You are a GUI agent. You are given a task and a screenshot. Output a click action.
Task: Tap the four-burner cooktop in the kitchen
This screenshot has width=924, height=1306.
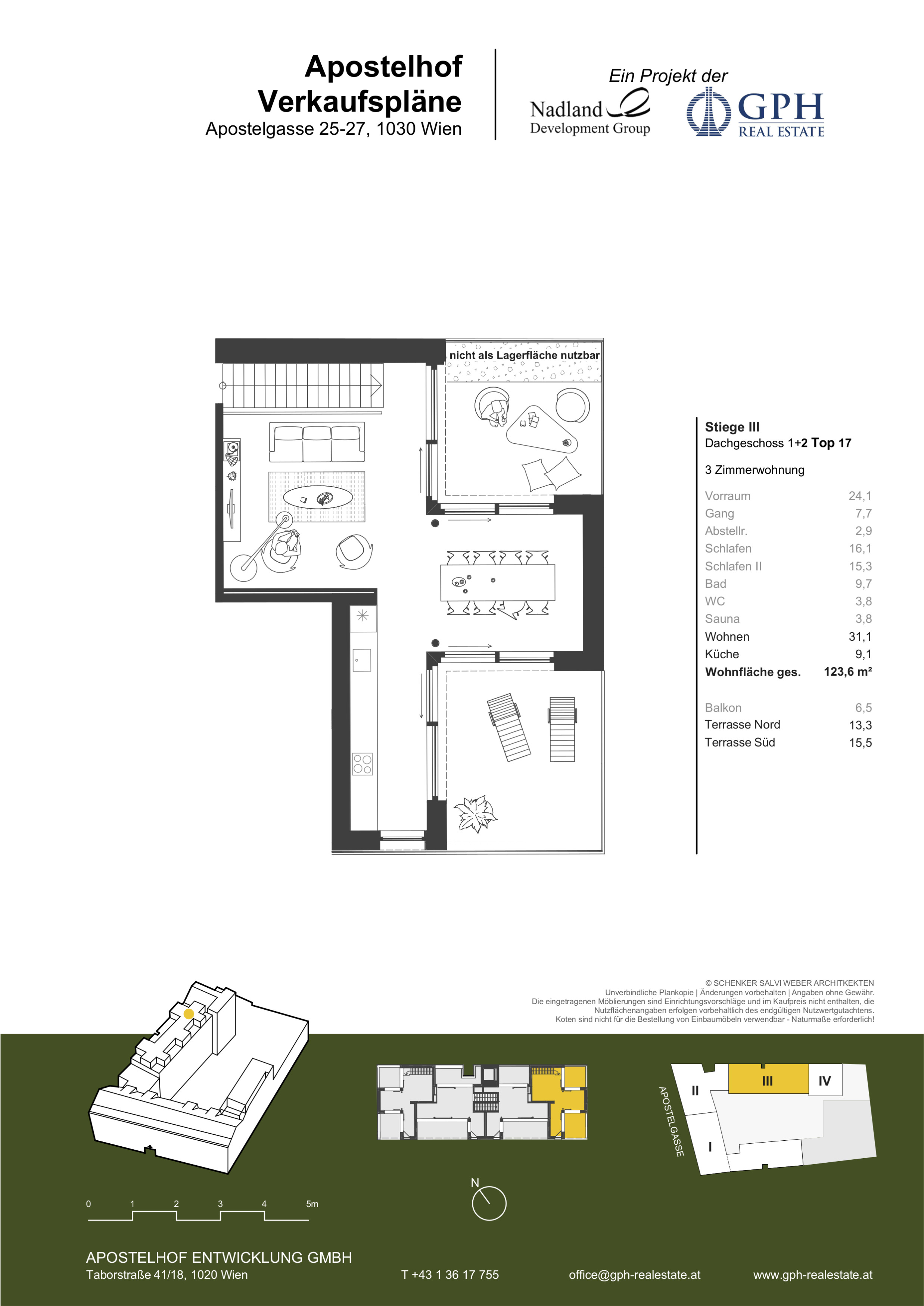[x=363, y=764]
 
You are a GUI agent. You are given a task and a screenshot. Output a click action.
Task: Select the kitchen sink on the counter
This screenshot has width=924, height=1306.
[x=362, y=660]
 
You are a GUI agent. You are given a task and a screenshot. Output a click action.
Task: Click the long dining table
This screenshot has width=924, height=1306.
[x=497, y=582]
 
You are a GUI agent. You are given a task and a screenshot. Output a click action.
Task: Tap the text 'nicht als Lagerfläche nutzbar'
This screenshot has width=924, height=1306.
[x=524, y=355]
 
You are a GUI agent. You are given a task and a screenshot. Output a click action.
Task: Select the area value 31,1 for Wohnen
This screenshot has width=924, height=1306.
[x=860, y=637]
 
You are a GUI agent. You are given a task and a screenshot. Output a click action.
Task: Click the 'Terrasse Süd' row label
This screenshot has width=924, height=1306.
[x=740, y=742]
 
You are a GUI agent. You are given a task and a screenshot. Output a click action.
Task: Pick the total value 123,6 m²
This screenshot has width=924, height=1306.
[x=848, y=672]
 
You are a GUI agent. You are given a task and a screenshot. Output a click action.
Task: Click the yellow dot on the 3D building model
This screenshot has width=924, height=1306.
[x=189, y=1013]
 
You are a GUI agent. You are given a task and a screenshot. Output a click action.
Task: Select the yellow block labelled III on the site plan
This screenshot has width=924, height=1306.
[x=768, y=1078]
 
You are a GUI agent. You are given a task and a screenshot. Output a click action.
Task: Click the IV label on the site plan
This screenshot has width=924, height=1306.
[x=824, y=1081]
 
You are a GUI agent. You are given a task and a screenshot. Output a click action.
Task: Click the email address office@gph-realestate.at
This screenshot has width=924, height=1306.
[x=634, y=1275]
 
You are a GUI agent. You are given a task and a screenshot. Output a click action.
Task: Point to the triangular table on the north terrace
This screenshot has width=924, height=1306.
[x=541, y=431]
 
